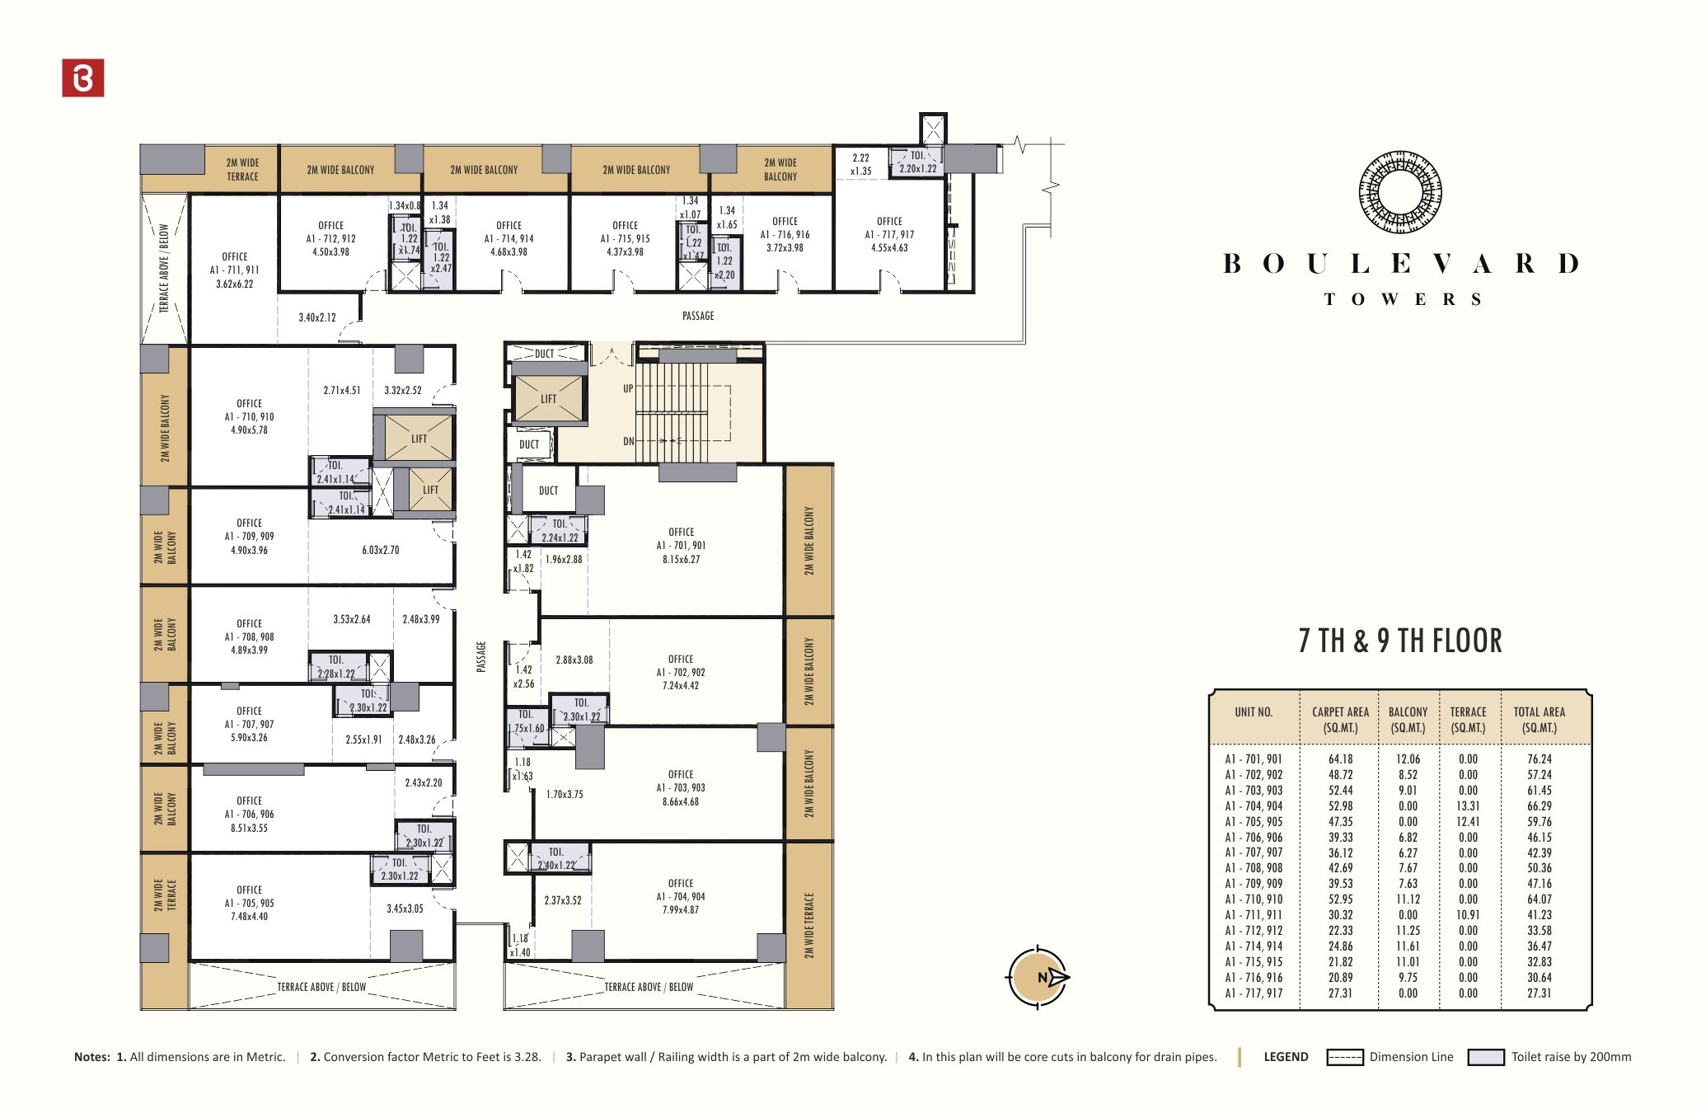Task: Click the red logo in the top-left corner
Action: click(83, 77)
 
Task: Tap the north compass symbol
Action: click(1038, 977)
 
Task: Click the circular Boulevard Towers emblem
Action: click(1400, 191)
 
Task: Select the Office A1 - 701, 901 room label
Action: click(681, 546)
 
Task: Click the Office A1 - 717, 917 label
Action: click(889, 234)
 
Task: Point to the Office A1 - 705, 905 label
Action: click(249, 903)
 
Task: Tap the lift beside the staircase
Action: click(549, 399)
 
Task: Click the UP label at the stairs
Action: click(628, 388)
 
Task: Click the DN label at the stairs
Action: click(629, 441)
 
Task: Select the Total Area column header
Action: click(1539, 720)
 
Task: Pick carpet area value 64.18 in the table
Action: click(1340, 759)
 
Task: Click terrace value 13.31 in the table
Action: click(1468, 806)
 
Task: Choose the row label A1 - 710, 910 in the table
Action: click(1254, 899)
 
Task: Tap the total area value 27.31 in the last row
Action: click(1539, 993)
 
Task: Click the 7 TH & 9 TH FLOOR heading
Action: click(1400, 641)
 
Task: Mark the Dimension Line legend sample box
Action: click(1344, 1057)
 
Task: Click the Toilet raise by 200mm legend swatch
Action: click(1486, 1057)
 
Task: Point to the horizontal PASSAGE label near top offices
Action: click(698, 316)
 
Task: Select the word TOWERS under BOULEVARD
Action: click(1403, 299)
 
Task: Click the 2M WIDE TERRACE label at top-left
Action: click(242, 170)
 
